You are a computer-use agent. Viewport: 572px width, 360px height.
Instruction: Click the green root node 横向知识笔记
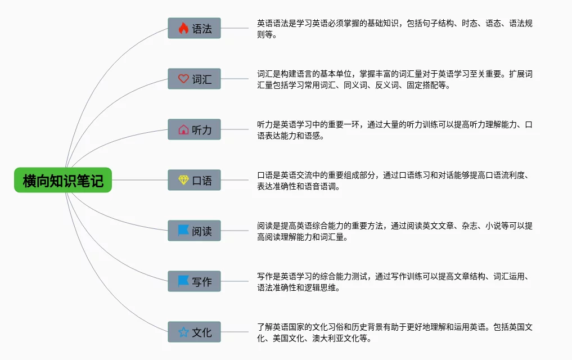tap(63, 180)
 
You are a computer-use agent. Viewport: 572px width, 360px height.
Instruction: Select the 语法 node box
tap(194, 28)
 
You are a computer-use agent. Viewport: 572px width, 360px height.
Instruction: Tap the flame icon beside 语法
tap(183, 28)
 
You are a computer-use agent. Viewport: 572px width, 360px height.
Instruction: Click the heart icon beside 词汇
tap(183, 79)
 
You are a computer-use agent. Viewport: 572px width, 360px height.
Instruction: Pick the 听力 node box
tap(194, 129)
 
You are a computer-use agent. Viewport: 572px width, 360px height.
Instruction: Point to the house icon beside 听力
tap(183, 129)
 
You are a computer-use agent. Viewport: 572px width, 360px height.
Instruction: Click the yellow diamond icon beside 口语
tap(183, 180)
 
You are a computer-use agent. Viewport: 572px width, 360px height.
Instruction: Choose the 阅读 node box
tap(194, 231)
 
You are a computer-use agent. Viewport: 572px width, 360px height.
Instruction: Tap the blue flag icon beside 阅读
tap(183, 231)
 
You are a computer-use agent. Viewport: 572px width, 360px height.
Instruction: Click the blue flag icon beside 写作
tap(183, 281)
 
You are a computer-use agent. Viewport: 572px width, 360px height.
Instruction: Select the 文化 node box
tap(194, 332)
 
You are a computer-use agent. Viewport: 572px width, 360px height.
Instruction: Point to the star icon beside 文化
tap(183, 332)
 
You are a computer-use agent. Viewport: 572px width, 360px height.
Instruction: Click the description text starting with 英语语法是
tap(394, 28)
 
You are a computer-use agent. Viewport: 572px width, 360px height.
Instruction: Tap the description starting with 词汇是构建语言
tap(394, 79)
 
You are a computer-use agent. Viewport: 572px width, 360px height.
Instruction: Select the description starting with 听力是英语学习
tap(394, 129)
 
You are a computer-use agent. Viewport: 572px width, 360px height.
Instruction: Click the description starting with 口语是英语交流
tap(394, 180)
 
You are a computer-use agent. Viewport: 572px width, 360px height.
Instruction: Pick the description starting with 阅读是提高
tap(394, 231)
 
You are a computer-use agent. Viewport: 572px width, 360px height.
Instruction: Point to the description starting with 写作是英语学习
tap(394, 281)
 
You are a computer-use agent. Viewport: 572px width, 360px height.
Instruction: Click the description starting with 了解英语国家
tap(394, 332)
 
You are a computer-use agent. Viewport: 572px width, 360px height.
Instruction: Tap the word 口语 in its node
tap(202, 181)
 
